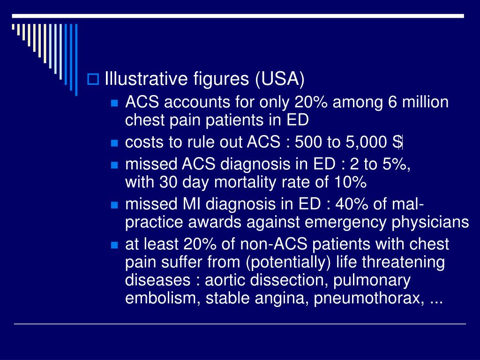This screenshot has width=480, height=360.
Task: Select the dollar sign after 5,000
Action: [x=398, y=142]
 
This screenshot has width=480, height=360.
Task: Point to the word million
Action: [x=425, y=102]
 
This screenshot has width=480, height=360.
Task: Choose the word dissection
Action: [x=281, y=280]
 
